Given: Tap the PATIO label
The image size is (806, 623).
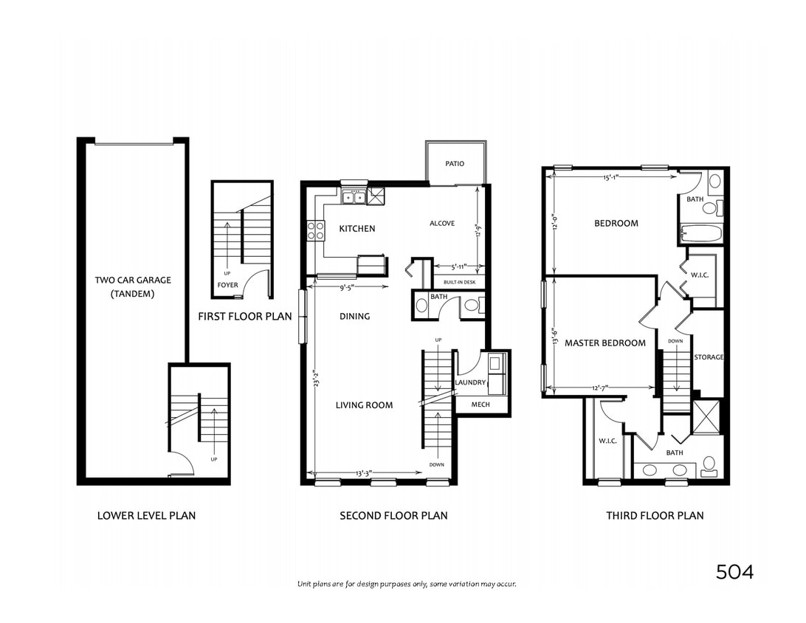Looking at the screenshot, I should click(455, 163).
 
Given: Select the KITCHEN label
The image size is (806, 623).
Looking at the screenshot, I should click(356, 229).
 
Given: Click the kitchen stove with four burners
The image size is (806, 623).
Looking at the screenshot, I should click(316, 230).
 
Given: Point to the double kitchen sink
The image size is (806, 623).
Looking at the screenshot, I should click(353, 196).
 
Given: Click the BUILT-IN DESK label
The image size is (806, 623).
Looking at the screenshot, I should click(459, 282).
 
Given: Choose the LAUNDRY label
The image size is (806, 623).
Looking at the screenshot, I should click(470, 382).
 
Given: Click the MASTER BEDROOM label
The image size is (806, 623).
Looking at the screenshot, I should click(604, 343).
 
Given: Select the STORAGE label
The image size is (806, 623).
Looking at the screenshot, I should click(709, 357).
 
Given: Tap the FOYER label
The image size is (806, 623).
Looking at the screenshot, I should click(227, 285).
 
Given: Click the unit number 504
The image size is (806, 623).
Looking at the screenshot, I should click(734, 571).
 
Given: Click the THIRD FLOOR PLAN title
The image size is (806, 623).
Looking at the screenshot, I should click(655, 515).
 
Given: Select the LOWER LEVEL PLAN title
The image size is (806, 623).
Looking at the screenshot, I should click(146, 515).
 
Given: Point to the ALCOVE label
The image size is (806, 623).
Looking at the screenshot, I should click(442, 224).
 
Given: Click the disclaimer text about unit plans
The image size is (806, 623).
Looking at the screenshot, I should click(407, 584).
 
